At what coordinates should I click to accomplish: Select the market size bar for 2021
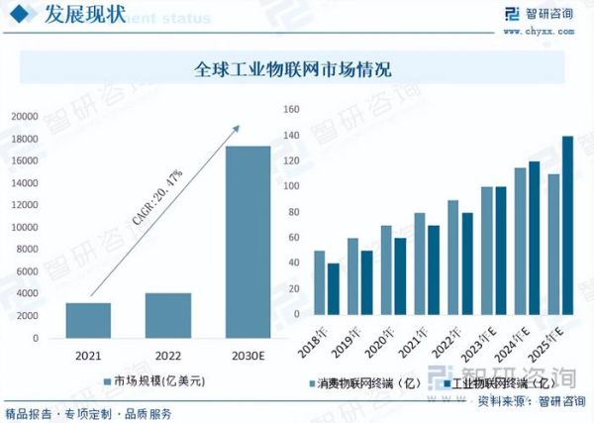[x=88, y=320]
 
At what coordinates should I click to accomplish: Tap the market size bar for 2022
[x=167, y=315]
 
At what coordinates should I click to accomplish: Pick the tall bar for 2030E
[x=247, y=242]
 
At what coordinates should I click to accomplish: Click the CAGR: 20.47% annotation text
[x=157, y=198]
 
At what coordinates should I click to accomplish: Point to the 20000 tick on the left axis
[x=24, y=116]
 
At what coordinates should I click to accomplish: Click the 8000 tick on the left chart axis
[x=27, y=250]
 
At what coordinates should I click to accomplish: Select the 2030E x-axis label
[x=247, y=354]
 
